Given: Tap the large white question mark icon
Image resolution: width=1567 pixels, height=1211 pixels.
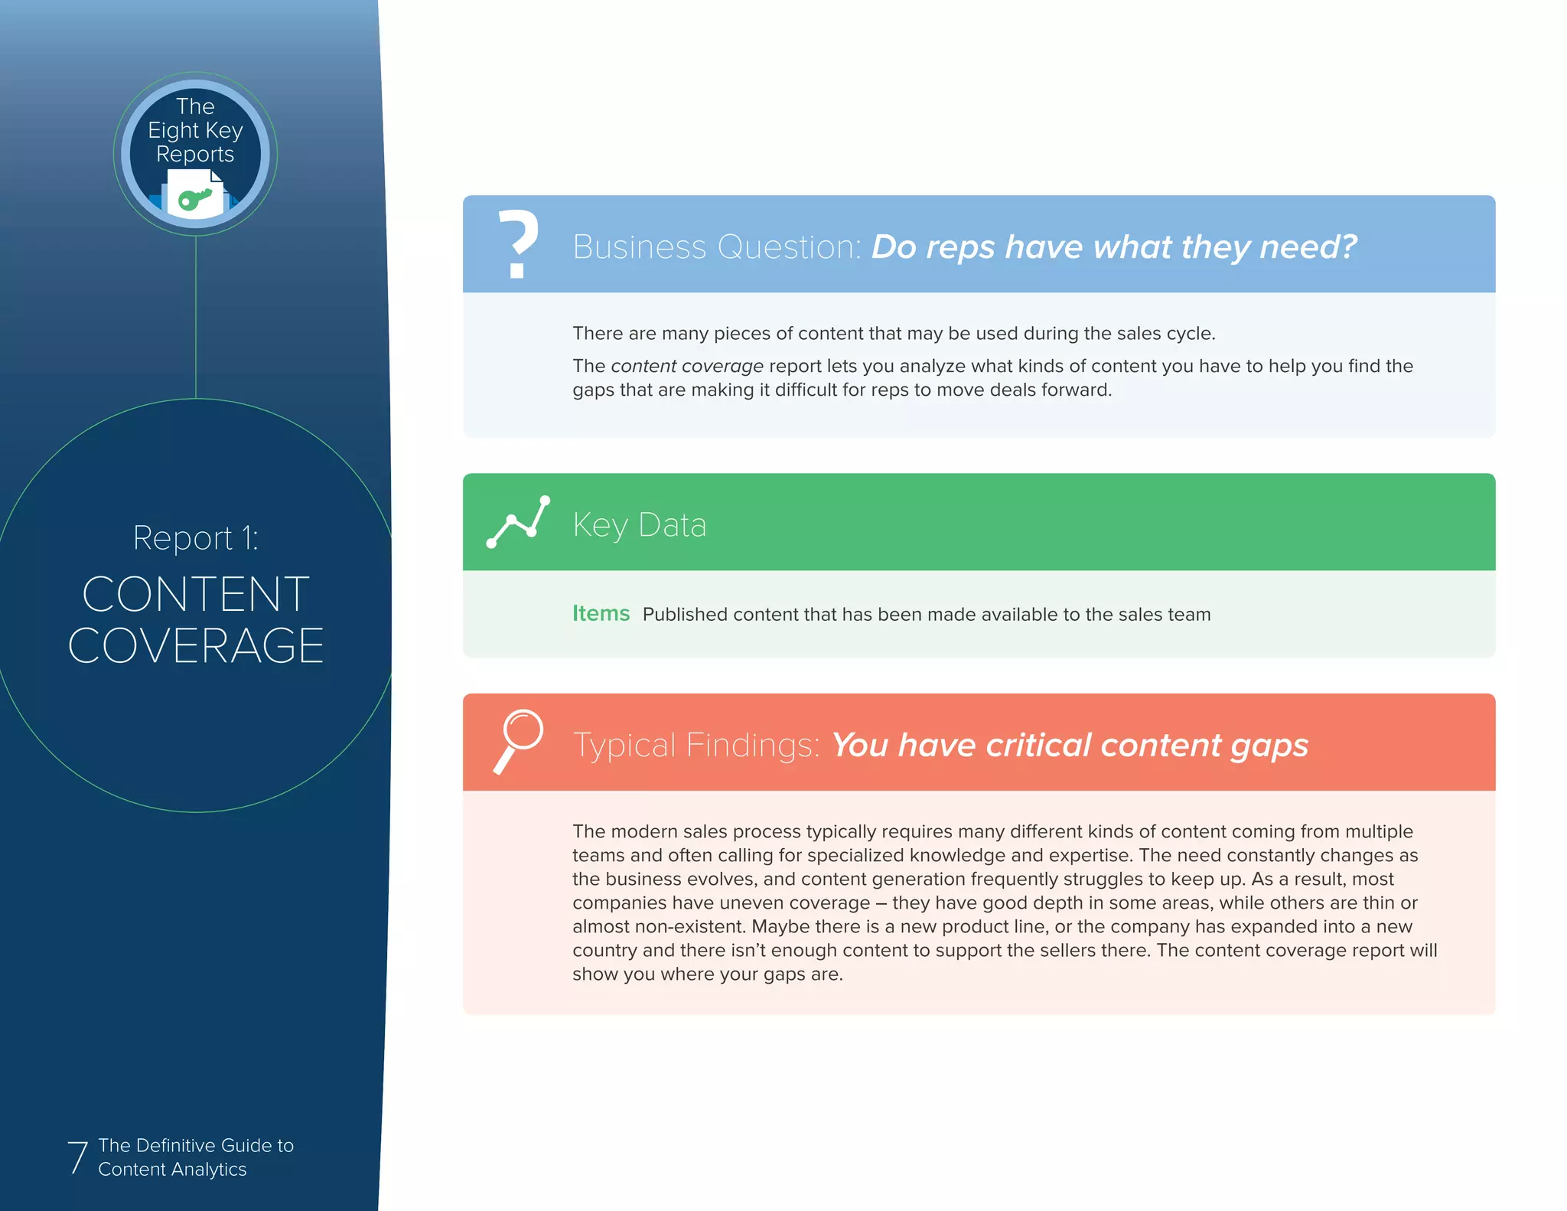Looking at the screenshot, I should coord(518,243).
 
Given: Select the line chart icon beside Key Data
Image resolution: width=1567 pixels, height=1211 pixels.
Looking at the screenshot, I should coord(518,522).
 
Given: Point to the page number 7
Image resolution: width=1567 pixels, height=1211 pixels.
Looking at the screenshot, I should coord(77,1157).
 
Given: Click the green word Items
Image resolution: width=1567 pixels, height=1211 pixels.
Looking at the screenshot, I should coord(601,614).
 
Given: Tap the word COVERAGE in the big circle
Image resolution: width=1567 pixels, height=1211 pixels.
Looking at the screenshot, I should coord(196,645).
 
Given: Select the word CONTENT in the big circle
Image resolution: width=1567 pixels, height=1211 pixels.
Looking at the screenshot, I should coord(196,594).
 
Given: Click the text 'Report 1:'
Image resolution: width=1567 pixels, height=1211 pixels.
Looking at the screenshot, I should coord(196,538).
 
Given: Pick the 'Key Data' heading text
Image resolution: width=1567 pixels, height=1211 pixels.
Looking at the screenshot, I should coord(639,525).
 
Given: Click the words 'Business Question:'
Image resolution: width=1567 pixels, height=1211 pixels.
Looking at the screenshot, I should coord(717,247).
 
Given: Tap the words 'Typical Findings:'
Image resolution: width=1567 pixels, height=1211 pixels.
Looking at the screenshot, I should coord(696,746).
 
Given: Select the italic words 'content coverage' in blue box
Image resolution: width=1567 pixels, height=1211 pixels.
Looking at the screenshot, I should coord(686,366).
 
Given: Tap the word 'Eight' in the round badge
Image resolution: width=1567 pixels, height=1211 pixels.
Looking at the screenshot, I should coord(173,131).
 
